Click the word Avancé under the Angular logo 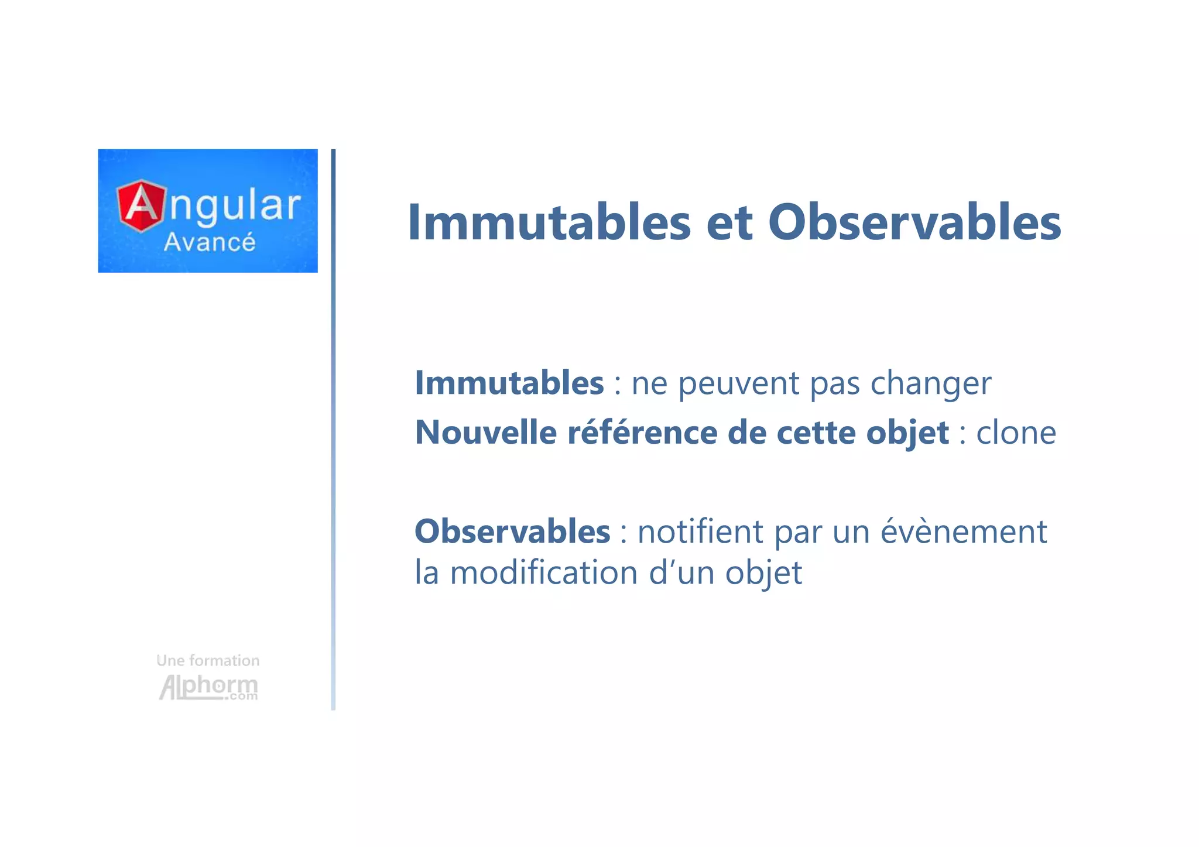coord(209,242)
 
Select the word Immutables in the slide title coord(549,222)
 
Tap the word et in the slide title coord(729,224)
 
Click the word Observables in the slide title coord(914,222)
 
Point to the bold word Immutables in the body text coord(509,383)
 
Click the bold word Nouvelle coord(485,433)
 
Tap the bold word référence coord(642,433)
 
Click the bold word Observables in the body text coord(512,531)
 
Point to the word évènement coord(963,531)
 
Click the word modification coord(543,572)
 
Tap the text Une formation coord(208,661)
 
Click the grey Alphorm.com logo coord(208,687)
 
